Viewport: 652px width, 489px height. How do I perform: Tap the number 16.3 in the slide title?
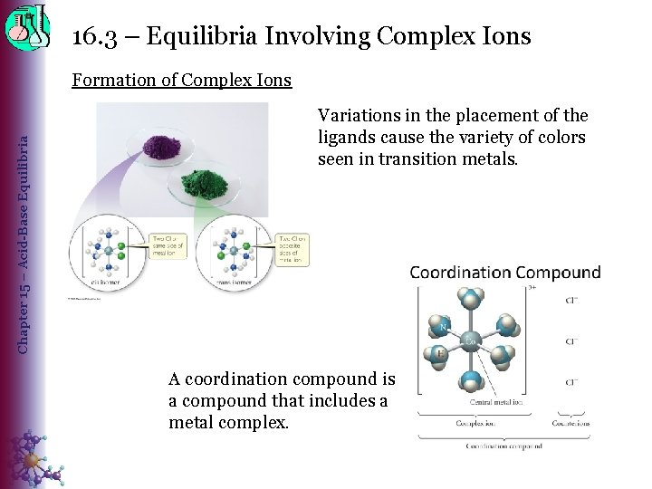pos(93,36)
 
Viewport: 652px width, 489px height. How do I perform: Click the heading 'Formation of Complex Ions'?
pos(182,80)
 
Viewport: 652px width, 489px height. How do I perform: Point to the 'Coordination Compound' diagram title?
pos(504,273)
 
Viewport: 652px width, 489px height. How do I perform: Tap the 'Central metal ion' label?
pos(494,402)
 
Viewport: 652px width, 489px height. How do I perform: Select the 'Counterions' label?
pos(570,423)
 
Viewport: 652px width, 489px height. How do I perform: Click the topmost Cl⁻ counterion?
pos(571,300)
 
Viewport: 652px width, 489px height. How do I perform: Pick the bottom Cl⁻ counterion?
pos(571,382)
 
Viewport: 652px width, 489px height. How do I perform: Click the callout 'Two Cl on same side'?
pos(168,244)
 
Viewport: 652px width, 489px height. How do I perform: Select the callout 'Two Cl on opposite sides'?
pos(293,248)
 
